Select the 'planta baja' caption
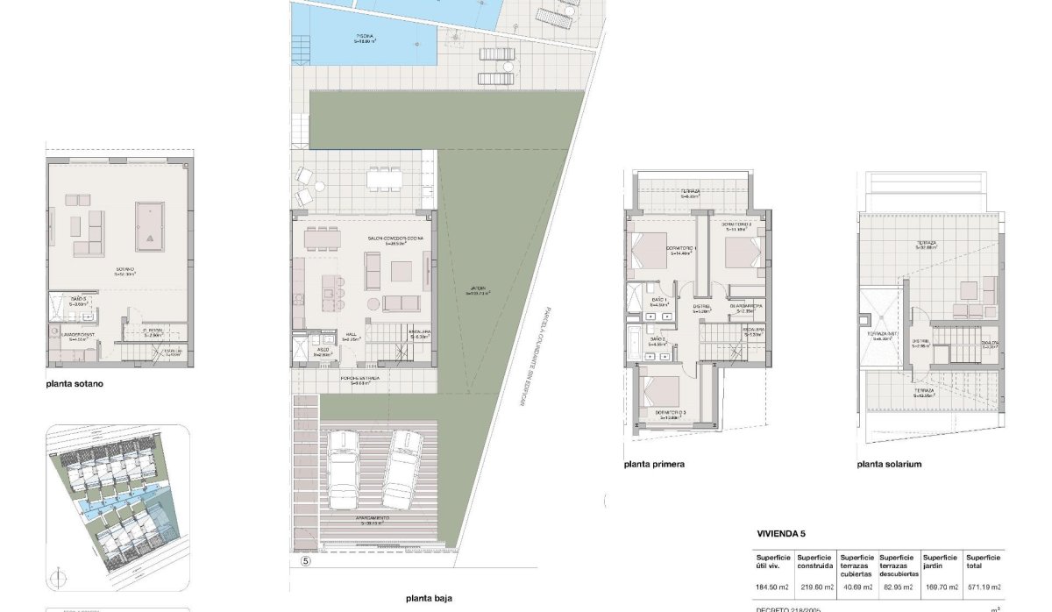coord(429,599)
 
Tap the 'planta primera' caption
coord(654,465)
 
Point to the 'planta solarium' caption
coord(890,465)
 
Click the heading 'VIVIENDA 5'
coord(780,533)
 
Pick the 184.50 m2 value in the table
coord(772,587)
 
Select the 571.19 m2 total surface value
coord(983,587)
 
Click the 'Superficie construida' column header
coord(815,561)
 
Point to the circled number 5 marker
coord(305,561)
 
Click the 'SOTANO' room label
coord(124,271)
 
